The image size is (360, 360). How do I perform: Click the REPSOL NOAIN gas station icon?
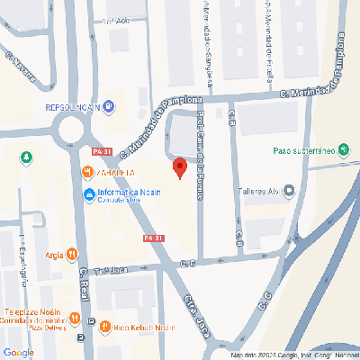point(109,107)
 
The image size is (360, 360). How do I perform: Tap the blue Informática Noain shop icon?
point(89,195)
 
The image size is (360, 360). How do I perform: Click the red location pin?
point(179,168)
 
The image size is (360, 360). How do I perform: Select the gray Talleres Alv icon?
point(289,190)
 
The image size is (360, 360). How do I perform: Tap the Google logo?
point(18,352)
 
